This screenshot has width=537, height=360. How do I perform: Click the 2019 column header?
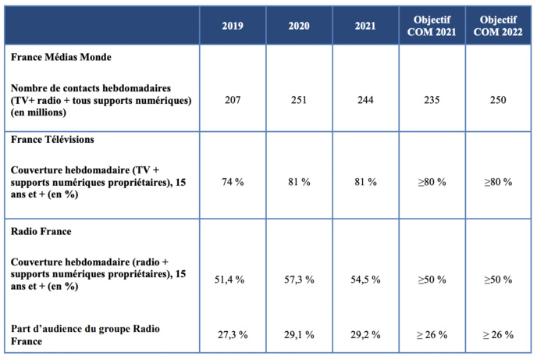pos(232,26)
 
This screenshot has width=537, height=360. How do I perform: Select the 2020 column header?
pos(299,26)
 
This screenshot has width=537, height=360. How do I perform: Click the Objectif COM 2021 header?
pos(432,26)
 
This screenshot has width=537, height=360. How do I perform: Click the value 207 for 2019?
pos(232,100)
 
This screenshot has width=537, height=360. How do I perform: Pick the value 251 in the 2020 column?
pos(299,100)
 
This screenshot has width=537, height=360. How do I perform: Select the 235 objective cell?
pos(432,100)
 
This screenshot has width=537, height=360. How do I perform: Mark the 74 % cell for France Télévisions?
pos(232,181)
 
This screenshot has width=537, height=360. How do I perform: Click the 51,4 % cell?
pos(232,280)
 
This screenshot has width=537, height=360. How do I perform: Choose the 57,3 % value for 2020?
pos(299,280)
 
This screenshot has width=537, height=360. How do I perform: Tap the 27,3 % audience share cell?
pos(232,335)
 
